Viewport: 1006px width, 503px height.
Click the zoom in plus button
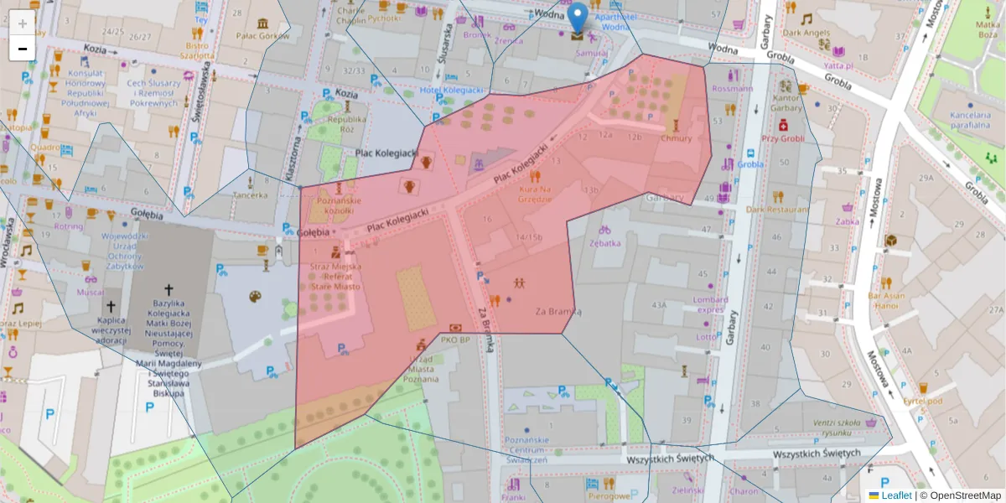coord(23,23)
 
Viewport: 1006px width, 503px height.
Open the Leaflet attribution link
coord(895,495)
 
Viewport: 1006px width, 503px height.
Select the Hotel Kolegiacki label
coord(451,90)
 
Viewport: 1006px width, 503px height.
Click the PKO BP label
coord(456,340)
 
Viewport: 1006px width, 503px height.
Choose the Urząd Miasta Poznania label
coord(421,369)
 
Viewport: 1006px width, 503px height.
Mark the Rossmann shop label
coord(732,88)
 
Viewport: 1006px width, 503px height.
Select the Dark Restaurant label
coord(777,209)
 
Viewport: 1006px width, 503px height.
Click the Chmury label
coord(676,138)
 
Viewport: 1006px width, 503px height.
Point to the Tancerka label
coord(251,194)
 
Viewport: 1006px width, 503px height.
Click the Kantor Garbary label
coord(786,103)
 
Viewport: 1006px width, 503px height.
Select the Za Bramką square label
coord(558,311)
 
